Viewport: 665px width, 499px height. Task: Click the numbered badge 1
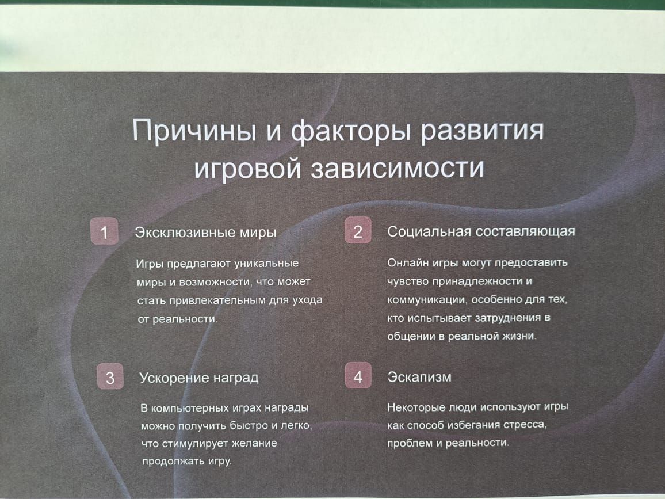coord(104,231)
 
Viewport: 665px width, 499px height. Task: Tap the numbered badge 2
coord(358,230)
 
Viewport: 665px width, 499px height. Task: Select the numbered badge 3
coord(110,376)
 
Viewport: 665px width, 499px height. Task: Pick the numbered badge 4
coord(358,375)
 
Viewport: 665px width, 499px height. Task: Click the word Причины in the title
coord(194,130)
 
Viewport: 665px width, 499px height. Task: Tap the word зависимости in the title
coord(398,167)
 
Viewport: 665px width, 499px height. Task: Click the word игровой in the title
coord(248,168)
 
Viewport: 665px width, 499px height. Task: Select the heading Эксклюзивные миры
coord(206,232)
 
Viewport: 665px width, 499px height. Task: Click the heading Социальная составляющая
coord(481,231)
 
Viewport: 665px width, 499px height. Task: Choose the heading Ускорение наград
coord(199,378)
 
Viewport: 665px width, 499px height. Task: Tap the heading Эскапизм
coord(419,377)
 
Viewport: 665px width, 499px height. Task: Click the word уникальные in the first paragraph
coord(266,264)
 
